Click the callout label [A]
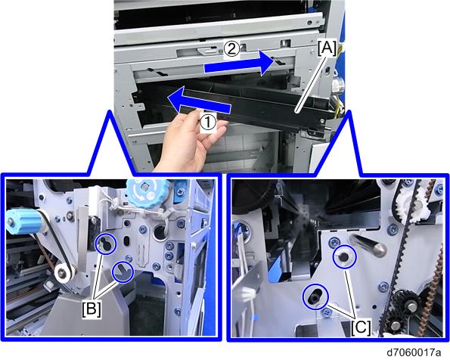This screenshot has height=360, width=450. click(x=327, y=48)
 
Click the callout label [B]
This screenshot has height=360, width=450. click(x=92, y=309)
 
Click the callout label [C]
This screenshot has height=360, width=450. click(x=361, y=327)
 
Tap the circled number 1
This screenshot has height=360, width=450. click(x=208, y=123)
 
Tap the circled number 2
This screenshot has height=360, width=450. click(x=231, y=49)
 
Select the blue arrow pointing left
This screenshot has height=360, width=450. click(x=199, y=103)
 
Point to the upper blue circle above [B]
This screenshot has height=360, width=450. click(x=105, y=244)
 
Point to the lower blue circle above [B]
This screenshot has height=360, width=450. click(x=123, y=272)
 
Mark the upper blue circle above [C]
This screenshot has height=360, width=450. click(x=344, y=257)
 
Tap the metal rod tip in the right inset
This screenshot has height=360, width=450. click(x=379, y=249)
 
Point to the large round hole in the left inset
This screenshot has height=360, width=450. click(x=159, y=231)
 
